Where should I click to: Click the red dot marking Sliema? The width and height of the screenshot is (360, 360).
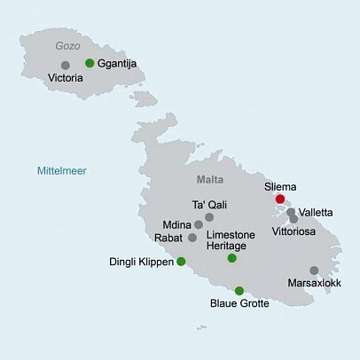click(280, 200)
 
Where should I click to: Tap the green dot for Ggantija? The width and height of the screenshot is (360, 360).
click(90, 63)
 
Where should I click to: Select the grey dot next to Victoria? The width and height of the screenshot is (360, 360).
click(65, 65)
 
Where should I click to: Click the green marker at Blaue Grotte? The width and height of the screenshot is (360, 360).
click(239, 291)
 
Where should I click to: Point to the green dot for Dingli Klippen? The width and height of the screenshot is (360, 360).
click(181, 262)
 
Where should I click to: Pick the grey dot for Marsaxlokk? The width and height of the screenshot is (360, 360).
click(314, 270)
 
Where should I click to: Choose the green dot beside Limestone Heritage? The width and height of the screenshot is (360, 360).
click(231, 258)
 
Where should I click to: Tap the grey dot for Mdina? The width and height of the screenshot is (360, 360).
click(199, 225)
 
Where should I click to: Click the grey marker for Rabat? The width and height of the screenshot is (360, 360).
click(192, 238)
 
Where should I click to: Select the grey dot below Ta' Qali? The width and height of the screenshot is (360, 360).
click(209, 217)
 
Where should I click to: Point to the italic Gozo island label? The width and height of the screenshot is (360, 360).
click(67, 46)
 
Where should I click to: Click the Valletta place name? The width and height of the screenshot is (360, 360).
click(317, 213)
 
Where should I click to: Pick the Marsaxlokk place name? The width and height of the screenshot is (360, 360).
click(314, 286)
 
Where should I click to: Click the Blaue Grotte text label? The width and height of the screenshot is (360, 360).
click(239, 305)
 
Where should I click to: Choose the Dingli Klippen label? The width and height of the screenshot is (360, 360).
click(141, 262)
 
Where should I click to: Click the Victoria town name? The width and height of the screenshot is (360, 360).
click(67, 78)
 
